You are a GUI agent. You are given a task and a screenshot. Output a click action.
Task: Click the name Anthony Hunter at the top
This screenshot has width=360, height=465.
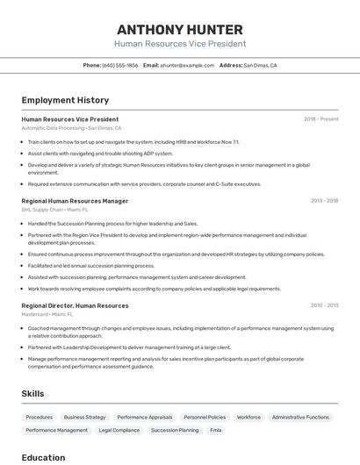(x=180, y=28)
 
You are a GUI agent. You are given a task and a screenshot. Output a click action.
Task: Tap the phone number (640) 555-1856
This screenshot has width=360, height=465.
(x=120, y=65)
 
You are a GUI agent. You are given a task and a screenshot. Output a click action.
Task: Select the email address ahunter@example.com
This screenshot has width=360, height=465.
(x=187, y=65)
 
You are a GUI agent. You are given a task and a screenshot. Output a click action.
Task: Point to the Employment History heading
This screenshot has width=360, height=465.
(x=65, y=100)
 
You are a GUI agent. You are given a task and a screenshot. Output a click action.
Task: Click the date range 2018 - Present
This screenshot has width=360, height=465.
(x=321, y=119)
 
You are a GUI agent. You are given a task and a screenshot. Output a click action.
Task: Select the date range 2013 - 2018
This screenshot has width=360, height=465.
(x=324, y=201)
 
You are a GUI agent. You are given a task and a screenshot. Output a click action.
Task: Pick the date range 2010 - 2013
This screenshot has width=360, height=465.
(x=324, y=305)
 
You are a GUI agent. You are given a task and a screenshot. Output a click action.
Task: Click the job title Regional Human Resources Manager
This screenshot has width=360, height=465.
(x=75, y=201)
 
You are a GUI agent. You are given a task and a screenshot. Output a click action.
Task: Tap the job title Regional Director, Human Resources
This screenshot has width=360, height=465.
(x=75, y=305)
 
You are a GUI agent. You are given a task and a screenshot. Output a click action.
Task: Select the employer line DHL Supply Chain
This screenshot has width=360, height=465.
(x=54, y=210)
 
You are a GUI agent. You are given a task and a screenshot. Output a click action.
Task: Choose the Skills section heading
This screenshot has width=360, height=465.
(x=33, y=394)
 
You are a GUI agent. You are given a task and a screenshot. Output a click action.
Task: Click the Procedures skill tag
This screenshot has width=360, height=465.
(x=40, y=418)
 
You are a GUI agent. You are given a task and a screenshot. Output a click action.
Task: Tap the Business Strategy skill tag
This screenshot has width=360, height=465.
(x=84, y=418)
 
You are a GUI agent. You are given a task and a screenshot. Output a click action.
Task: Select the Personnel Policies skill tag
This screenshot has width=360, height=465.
(x=205, y=418)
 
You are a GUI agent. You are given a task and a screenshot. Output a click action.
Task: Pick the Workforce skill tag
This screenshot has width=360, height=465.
(x=248, y=418)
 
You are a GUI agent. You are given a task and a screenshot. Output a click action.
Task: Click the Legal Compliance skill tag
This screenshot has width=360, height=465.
(x=119, y=431)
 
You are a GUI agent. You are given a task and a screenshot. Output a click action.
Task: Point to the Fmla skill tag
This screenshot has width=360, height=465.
(x=216, y=431)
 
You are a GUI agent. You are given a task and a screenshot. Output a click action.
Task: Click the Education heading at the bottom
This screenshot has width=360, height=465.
(x=43, y=457)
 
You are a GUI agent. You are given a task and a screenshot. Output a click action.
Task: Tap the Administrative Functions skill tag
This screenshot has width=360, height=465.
(x=300, y=418)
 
